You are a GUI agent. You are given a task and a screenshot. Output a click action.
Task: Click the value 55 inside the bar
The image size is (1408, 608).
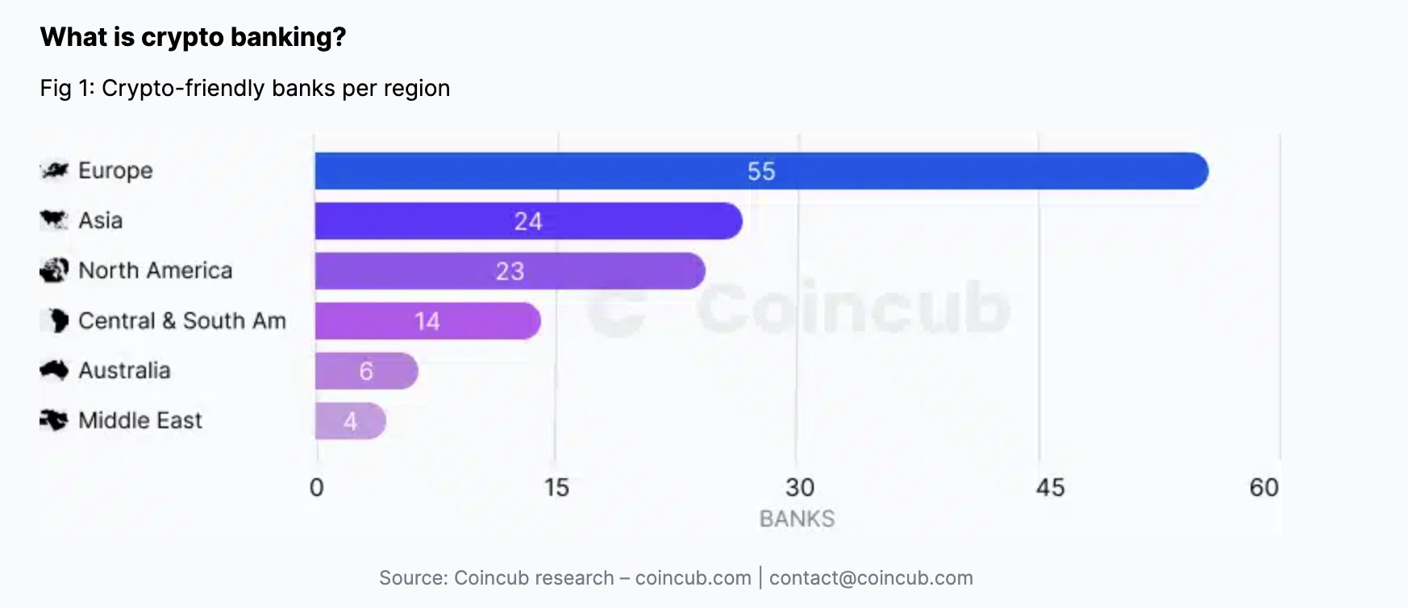click(x=760, y=171)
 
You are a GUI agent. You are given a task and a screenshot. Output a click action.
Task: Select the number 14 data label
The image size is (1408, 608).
click(x=427, y=321)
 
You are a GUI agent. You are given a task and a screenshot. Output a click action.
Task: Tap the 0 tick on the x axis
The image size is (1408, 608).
click(x=317, y=487)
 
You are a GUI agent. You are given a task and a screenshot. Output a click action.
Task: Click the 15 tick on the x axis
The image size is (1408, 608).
click(x=556, y=487)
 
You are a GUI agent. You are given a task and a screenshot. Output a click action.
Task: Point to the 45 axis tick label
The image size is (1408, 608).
click(x=1050, y=487)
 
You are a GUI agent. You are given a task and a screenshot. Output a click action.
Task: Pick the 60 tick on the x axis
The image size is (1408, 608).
click(x=1264, y=487)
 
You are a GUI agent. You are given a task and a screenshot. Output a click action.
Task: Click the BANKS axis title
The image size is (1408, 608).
click(x=797, y=518)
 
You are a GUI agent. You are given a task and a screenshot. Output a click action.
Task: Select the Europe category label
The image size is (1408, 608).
click(x=115, y=171)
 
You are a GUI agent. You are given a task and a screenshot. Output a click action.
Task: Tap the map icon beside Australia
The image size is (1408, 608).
click(x=54, y=370)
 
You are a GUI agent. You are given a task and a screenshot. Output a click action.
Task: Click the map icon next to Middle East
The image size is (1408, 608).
click(x=54, y=420)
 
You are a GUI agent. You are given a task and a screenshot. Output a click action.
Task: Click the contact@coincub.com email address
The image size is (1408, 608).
click(x=871, y=578)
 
